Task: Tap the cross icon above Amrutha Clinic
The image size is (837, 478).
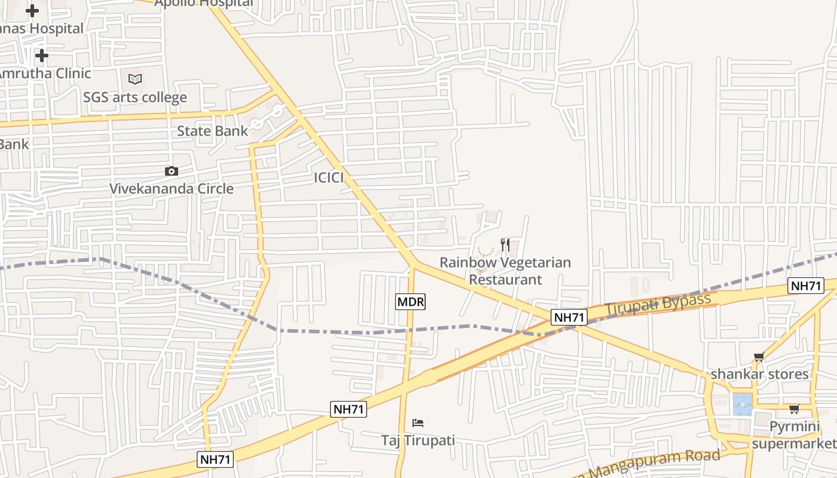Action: pyautogui.click(x=41, y=56)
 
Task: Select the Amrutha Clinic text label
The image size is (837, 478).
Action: pyautogui.click(x=45, y=73)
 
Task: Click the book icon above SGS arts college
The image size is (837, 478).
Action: pyautogui.click(x=135, y=79)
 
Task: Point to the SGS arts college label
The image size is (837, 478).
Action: pyautogui.click(x=135, y=97)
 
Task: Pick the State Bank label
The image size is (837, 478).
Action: pyautogui.click(x=212, y=131)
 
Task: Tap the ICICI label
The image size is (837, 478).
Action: pyautogui.click(x=329, y=177)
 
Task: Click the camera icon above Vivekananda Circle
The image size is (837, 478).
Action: pyautogui.click(x=172, y=171)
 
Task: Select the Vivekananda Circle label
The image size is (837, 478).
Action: pyautogui.click(x=172, y=189)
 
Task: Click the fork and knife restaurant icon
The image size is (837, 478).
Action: pyautogui.click(x=505, y=244)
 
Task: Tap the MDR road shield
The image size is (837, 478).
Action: pyautogui.click(x=411, y=302)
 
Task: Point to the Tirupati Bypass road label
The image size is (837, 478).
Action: pyautogui.click(x=658, y=305)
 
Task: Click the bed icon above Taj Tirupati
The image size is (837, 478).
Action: pyautogui.click(x=418, y=423)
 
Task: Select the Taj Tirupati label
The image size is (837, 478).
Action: pyautogui.click(x=418, y=440)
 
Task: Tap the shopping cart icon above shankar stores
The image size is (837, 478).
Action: pyautogui.click(x=759, y=357)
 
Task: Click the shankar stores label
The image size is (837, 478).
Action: pyautogui.click(x=759, y=374)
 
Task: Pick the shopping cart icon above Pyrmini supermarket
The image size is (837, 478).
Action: pyautogui.click(x=794, y=409)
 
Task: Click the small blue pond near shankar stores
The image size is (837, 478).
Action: pyautogui.click(x=742, y=405)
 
